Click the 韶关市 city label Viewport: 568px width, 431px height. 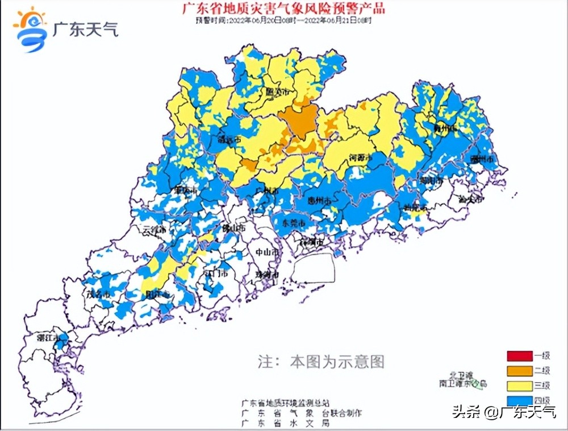(x=278, y=92)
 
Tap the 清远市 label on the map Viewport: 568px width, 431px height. (x=229, y=139)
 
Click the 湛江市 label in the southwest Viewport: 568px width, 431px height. (x=48, y=337)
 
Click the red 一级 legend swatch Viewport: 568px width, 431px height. (x=520, y=357)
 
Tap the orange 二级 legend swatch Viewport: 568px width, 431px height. (x=520, y=371)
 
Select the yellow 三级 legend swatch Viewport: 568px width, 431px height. (x=520, y=386)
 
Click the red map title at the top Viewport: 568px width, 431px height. (x=283, y=9)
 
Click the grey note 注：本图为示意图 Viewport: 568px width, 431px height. (x=321, y=361)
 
